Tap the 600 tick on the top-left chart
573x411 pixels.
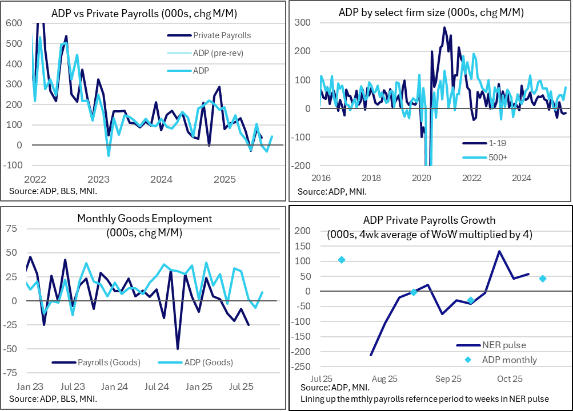(x=15, y=23)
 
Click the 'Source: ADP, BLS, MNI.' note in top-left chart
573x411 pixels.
(x=53, y=190)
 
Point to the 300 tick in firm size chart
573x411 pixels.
(x=302, y=23)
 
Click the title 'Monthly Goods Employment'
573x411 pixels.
(x=144, y=218)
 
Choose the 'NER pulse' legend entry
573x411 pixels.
(x=504, y=345)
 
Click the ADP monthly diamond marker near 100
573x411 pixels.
(x=342, y=260)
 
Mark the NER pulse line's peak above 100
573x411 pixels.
(x=499, y=251)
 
